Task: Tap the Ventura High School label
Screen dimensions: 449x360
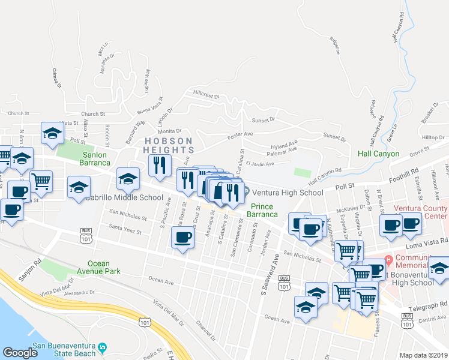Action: tap(287, 193)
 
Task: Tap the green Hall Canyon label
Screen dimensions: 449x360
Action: tap(378, 154)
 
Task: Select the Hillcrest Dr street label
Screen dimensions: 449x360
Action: tap(205, 95)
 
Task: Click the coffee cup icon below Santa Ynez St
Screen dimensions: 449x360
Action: tap(182, 238)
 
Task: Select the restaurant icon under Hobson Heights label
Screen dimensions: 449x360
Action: tap(160, 165)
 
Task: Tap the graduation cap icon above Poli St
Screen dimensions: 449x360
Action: tap(52, 134)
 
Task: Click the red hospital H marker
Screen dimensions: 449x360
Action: tap(388, 260)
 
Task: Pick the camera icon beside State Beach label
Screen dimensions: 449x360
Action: tap(103, 347)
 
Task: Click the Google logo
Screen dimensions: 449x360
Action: tap(20, 353)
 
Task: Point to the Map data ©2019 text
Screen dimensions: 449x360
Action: tap(423, 355)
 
